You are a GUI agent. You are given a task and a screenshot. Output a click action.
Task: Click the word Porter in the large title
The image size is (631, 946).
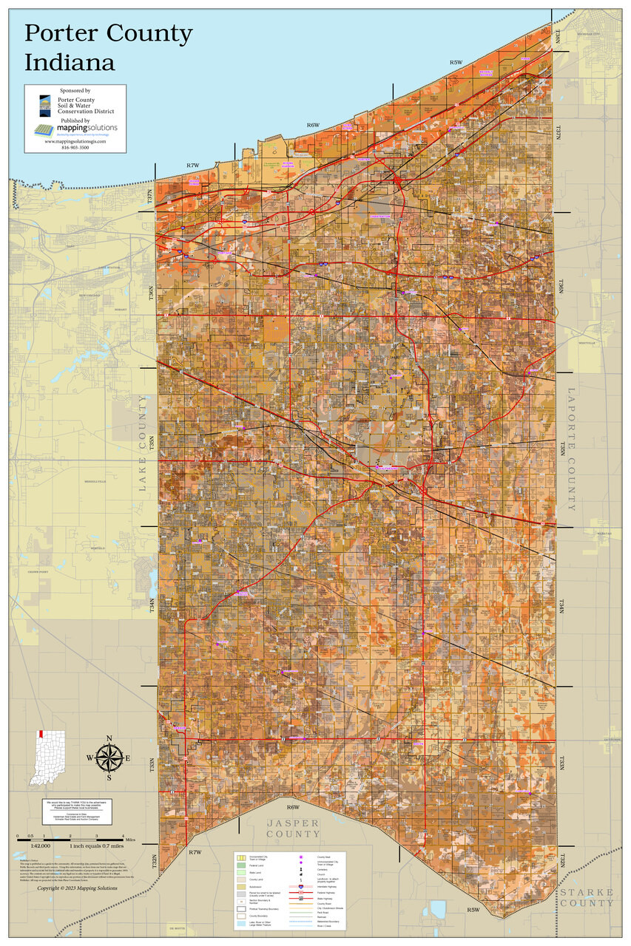[x=65, y=33]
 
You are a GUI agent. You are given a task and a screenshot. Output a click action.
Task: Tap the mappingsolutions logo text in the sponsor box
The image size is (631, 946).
[x=86, y=127]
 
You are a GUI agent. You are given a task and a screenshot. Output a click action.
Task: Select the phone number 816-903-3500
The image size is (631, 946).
[x=75, y=147]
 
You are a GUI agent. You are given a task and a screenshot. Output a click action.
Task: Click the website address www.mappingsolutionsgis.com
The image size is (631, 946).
[x=75, y=141]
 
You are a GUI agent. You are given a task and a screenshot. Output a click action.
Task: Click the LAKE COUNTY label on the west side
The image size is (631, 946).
[x=143, y=443]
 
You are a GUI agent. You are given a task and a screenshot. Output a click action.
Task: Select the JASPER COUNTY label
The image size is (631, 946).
[x=293, y=828]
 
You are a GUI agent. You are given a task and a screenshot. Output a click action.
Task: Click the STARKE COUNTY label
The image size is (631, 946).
[x=587, y=897]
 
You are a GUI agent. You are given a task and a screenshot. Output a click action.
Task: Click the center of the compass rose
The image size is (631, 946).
[x=109, y=758]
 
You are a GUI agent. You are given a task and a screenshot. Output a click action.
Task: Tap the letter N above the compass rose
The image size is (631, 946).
[x=109, y=738]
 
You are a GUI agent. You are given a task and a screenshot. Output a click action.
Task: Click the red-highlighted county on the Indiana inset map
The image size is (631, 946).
[x=41, y=735]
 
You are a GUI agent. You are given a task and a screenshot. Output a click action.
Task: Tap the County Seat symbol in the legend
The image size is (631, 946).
[x=300, y=857]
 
